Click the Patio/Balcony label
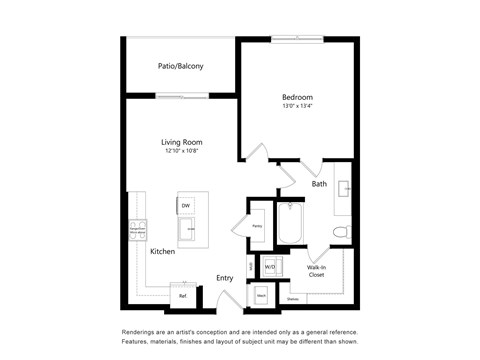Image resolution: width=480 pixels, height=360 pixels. pyautogui.click(x=181, y=66)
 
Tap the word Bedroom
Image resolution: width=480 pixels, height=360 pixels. pyautogui.click(x=296, y=97)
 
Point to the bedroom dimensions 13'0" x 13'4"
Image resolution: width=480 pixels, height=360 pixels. pyautogui.click(x=296, y=107)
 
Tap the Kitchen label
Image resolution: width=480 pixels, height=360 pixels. pyautogui.click(x=163, y=252)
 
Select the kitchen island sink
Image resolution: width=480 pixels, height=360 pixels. pyautogui.click(x=188, y=229)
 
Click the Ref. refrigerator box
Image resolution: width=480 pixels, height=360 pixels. pyautogui.click(x=183, y=296)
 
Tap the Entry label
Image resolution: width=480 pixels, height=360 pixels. pyautogui.click(x=225, y=278)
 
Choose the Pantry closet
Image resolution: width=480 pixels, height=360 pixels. pyautogui.click(x=257, y=226)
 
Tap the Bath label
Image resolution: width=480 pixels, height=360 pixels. pyautogui.click(x=319, y=184)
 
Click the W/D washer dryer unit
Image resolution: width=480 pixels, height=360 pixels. pyautogui.click(x=269, y=267)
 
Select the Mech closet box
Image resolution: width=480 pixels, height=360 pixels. pyautogui.click(x=260, y=296)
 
